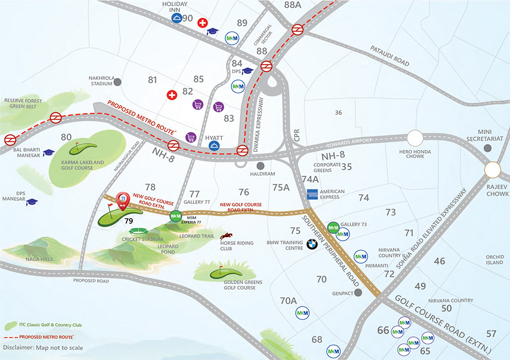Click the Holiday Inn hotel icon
(x=176, y=18)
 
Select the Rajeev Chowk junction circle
(x=493, y=170)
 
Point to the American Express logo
(x=312, y=194)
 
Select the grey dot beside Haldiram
(x=261, y=166)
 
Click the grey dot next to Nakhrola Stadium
(x=118, y=82)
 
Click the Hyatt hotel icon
(x=215, y=146)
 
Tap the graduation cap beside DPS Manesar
(x=32, y=202)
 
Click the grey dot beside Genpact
(x=358, y=292)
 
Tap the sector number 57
(x=491, y=334)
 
